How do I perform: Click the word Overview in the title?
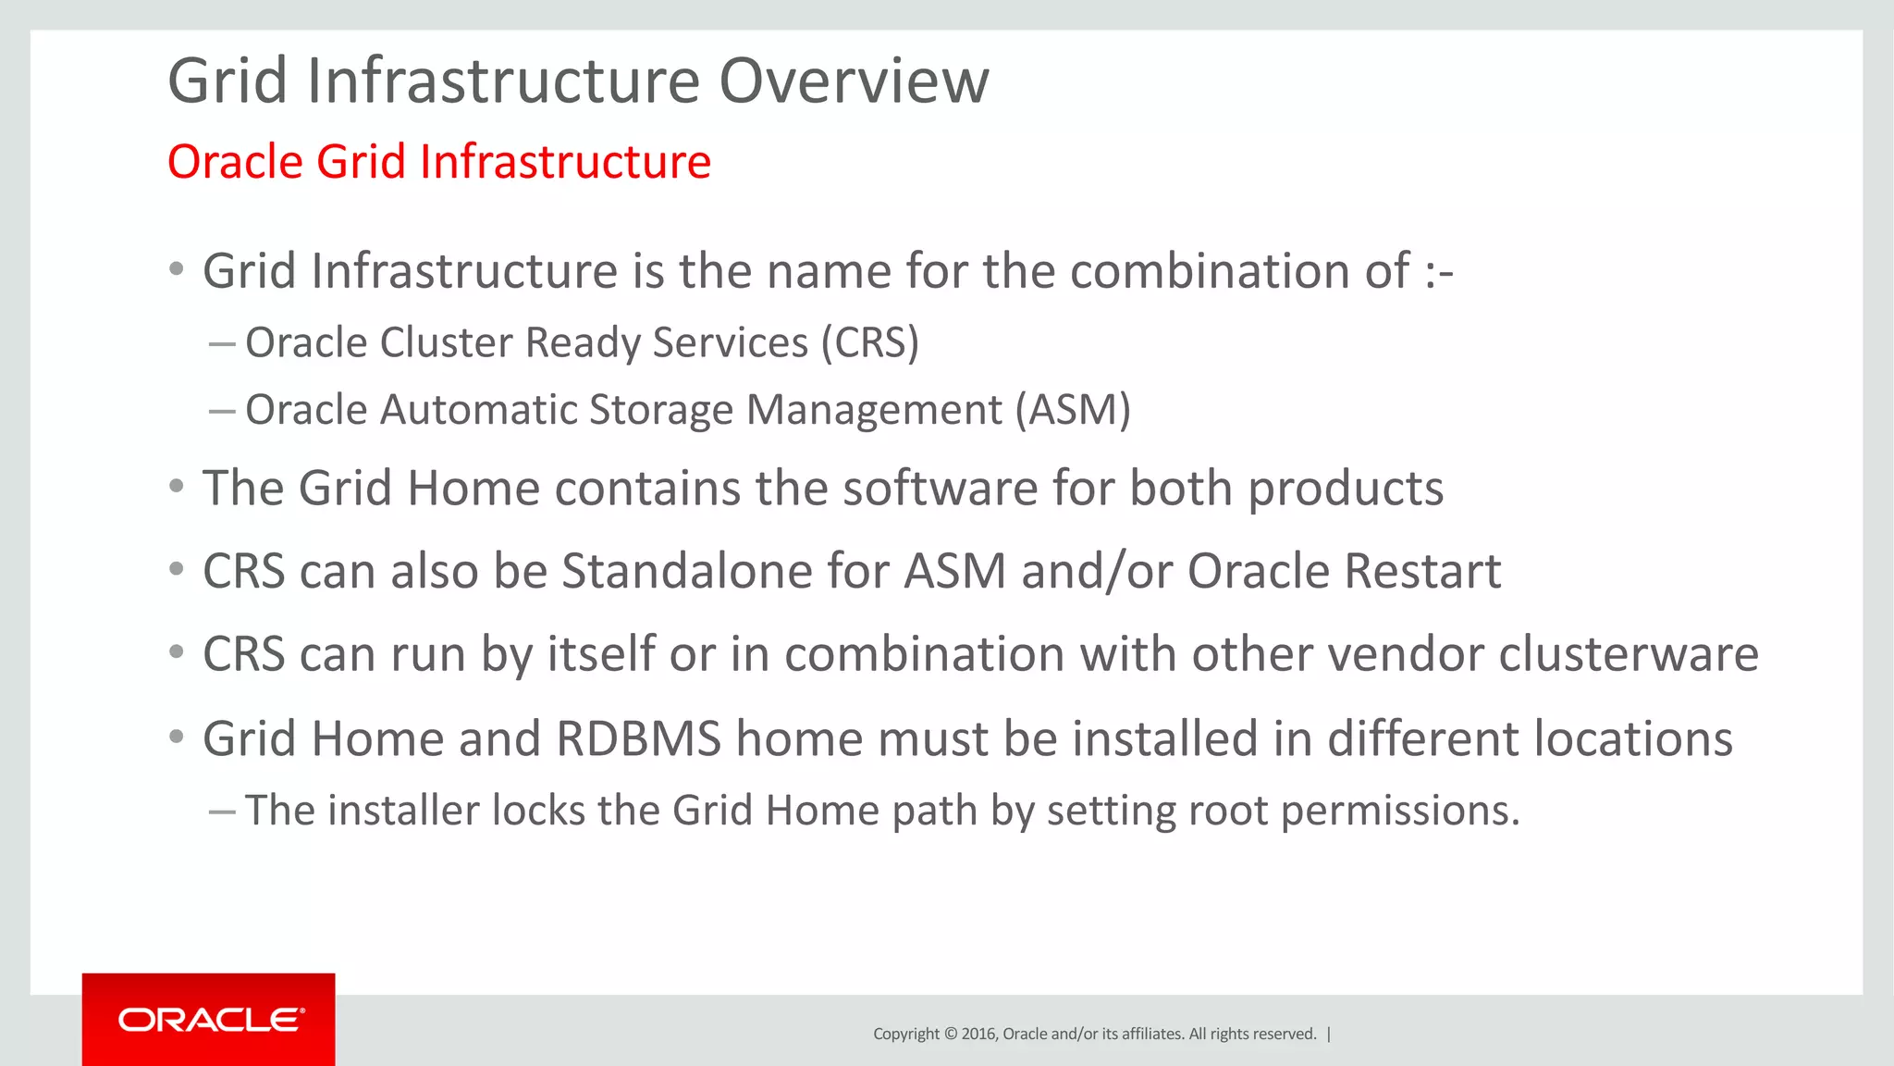854,81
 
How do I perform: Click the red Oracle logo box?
208,1019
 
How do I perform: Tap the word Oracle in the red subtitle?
235,162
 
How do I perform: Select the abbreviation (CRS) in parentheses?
870,343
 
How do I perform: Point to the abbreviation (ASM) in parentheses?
1073,410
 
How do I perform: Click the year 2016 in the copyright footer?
978,1034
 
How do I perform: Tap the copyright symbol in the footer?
950,1034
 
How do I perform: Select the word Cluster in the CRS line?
446,343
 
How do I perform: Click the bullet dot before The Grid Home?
177,487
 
